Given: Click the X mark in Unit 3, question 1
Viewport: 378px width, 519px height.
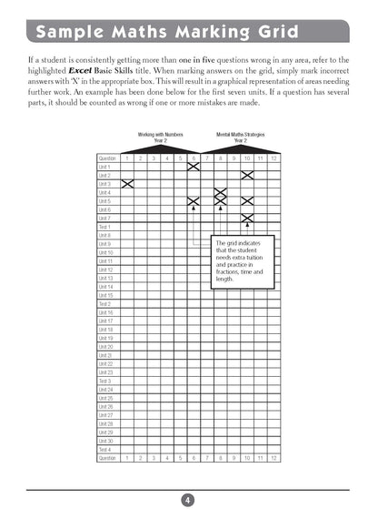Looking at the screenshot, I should (128, 184).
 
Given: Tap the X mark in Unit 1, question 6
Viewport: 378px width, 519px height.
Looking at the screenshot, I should (194, 167).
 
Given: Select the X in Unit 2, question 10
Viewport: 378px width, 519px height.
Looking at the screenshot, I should (247, 175).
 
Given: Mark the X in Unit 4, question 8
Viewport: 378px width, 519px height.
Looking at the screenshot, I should (220, 192).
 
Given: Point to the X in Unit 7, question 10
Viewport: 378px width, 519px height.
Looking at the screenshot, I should (247, 219).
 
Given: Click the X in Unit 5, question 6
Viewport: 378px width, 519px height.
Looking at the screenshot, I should (194, 201).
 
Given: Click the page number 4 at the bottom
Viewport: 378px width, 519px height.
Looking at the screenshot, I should (186, 499).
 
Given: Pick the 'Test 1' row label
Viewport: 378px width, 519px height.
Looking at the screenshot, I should (104, 227).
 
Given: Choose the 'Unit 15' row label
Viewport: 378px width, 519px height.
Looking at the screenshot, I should (105, 295).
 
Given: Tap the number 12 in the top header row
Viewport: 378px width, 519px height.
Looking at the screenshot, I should (274, 158).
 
